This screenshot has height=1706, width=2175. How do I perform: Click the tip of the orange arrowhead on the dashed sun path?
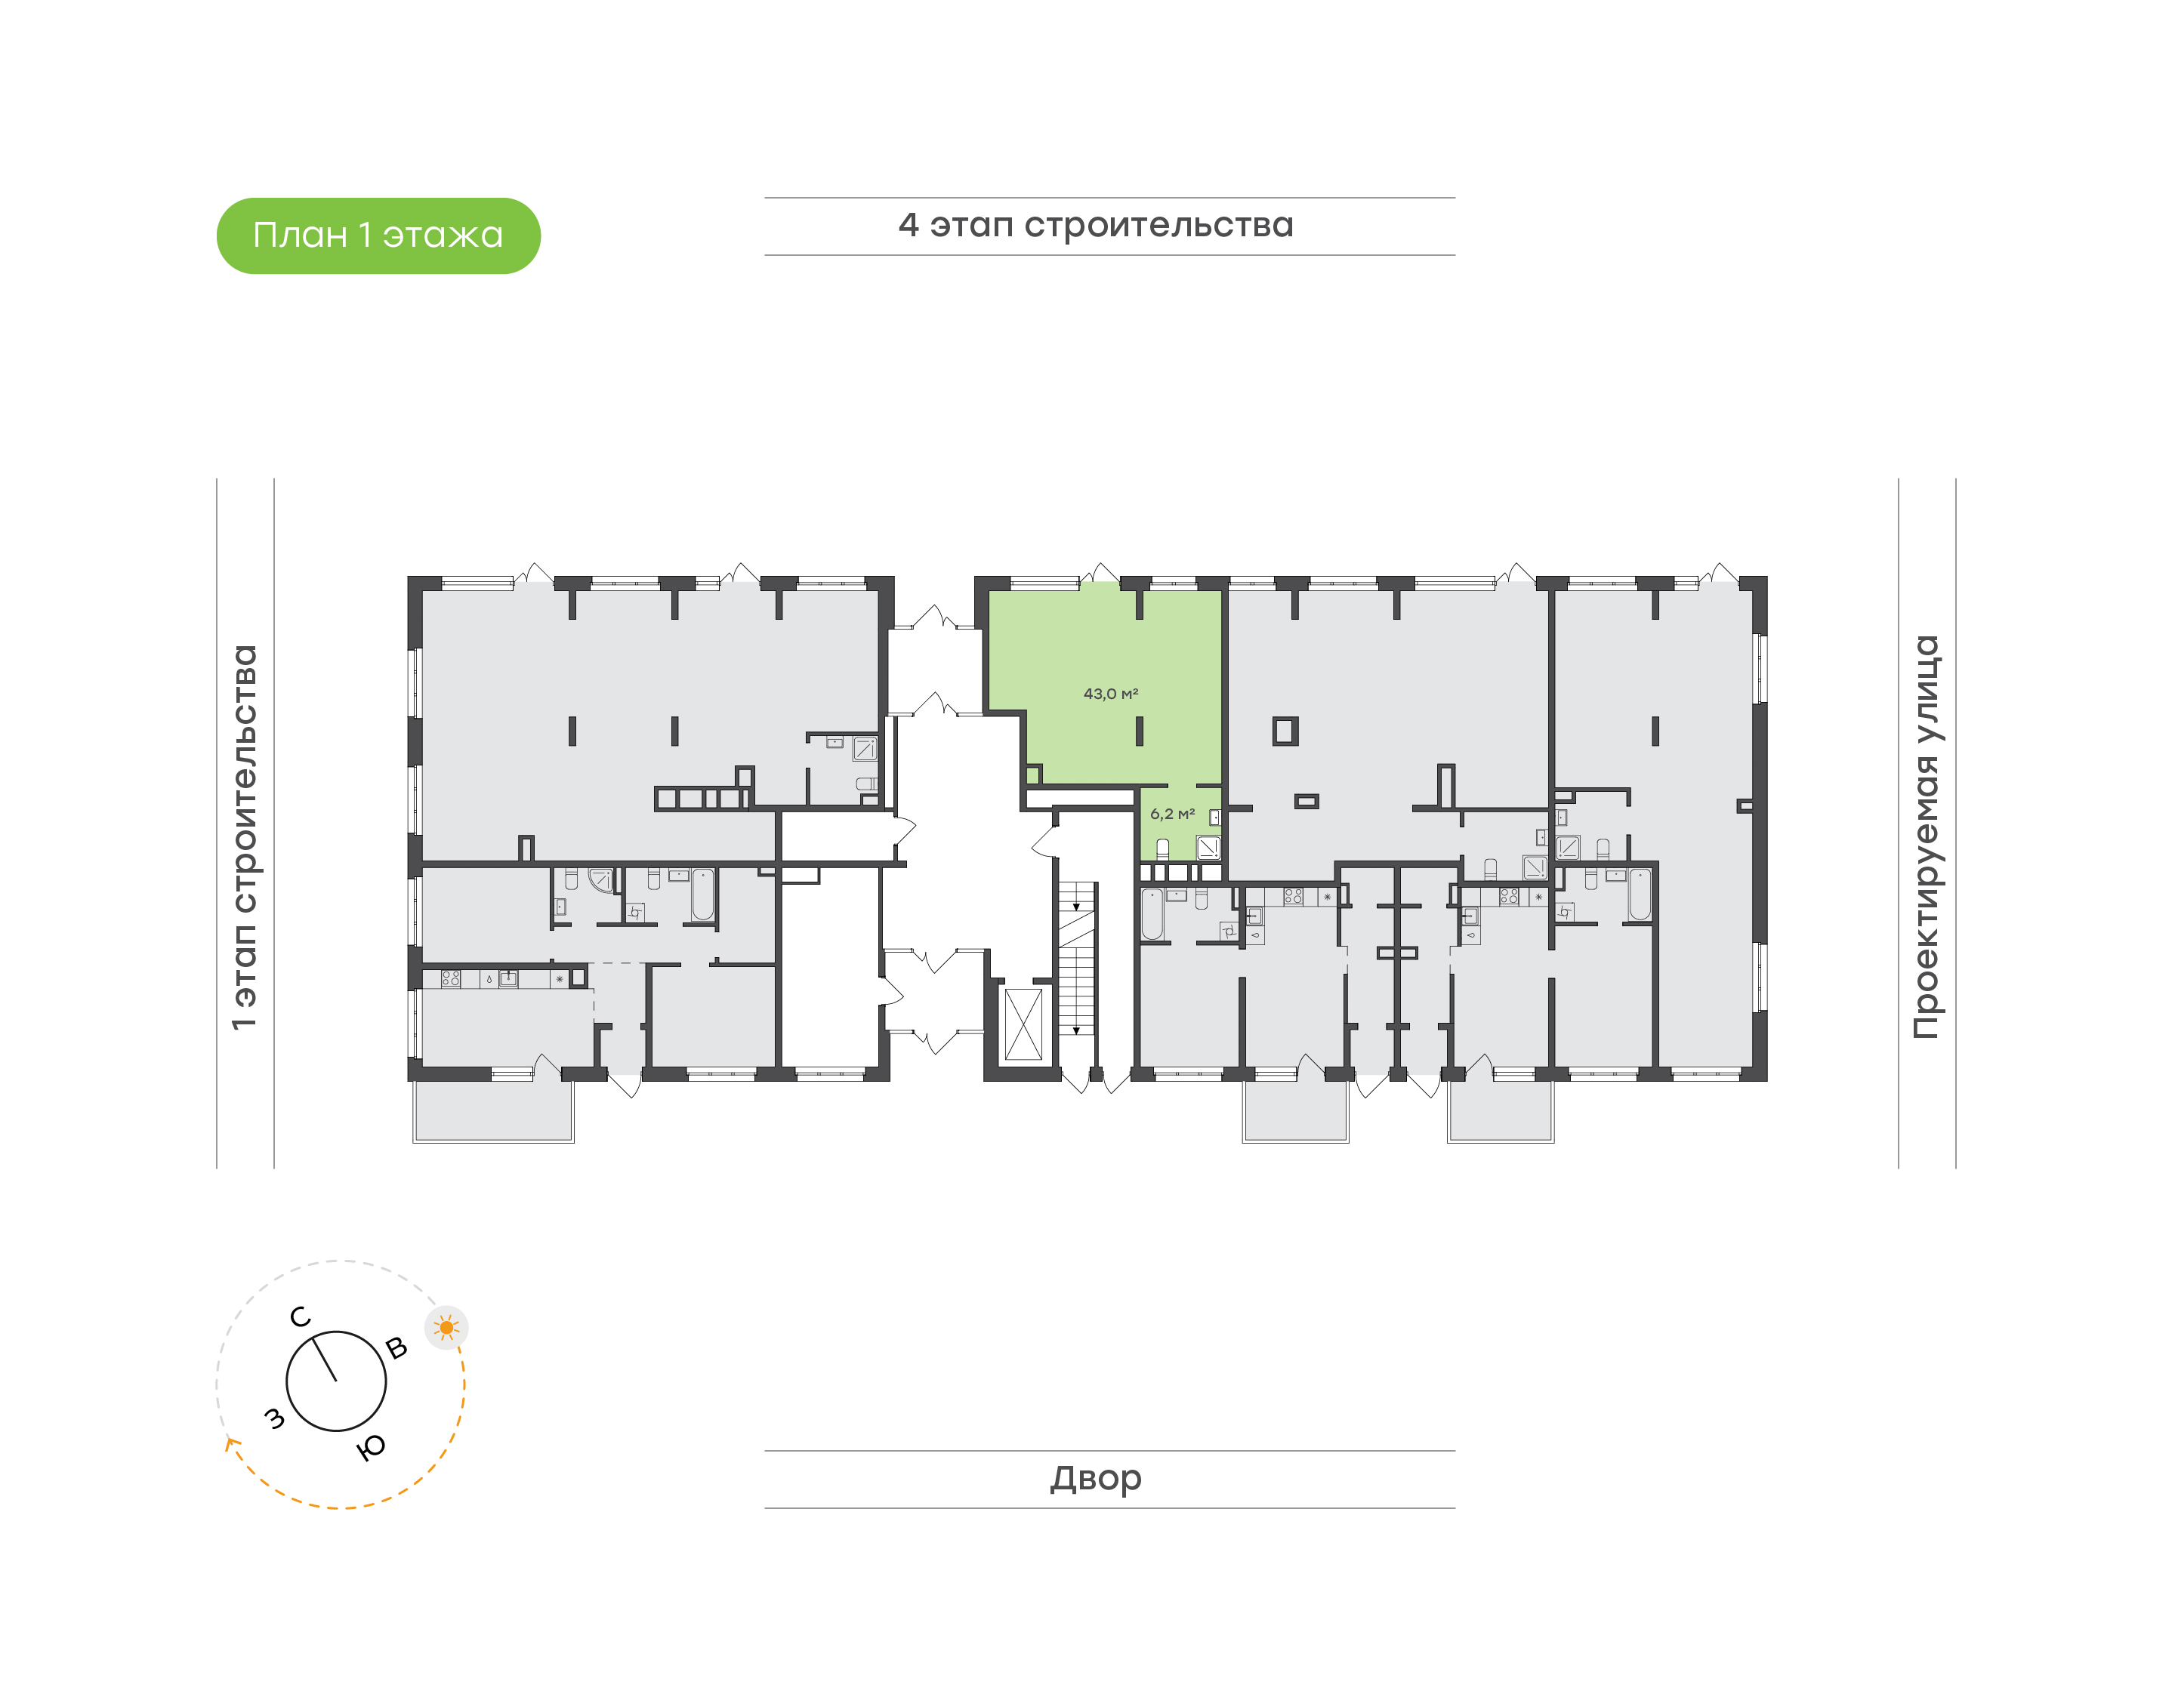[x=230, y=1437]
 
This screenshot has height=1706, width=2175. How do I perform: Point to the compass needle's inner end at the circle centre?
[x=337, y=1381]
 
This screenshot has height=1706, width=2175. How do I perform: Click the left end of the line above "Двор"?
[x=765, y=1450]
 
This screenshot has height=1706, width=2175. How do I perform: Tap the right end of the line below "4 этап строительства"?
[x=1455, y=254]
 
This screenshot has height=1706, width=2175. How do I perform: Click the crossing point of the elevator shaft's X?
[x=1023, y=1024]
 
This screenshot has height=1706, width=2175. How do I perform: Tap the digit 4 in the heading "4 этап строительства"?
[x=909, y=225]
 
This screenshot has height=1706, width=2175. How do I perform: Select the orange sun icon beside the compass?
[x=446, y=1328]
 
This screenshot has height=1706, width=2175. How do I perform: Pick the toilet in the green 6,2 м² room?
[x=1163, y=850]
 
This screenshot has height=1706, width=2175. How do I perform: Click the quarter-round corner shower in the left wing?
[x=600, y=880]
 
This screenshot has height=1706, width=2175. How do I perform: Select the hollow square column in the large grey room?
[x=1285, y=731]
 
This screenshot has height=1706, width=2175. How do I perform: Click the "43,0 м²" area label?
[x=1111, y=693]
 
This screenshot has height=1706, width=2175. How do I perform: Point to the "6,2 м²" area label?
[x=1172, y=814]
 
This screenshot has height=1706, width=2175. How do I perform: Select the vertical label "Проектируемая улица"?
[x=1927, y=837]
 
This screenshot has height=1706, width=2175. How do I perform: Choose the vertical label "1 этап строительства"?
[x=245, y=837]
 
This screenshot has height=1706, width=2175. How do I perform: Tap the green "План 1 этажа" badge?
[x=378, y=236]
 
